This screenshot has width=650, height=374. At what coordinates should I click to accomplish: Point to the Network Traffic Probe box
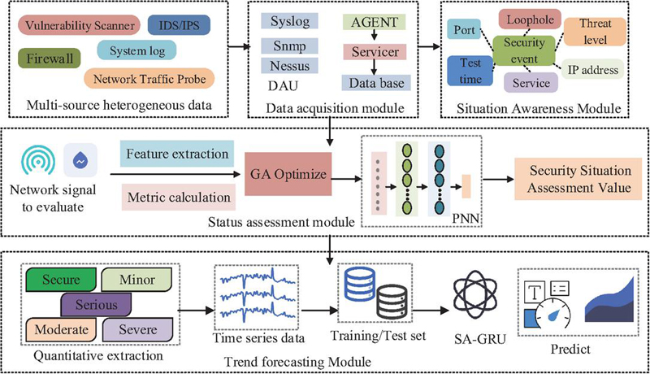150,78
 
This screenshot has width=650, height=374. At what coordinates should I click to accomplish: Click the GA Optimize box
290,173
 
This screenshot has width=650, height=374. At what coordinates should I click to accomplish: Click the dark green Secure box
62,280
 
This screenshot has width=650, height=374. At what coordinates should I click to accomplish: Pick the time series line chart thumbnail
253,297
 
